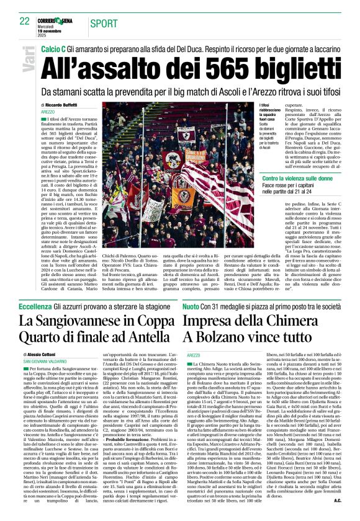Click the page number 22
tap(24, 21)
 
